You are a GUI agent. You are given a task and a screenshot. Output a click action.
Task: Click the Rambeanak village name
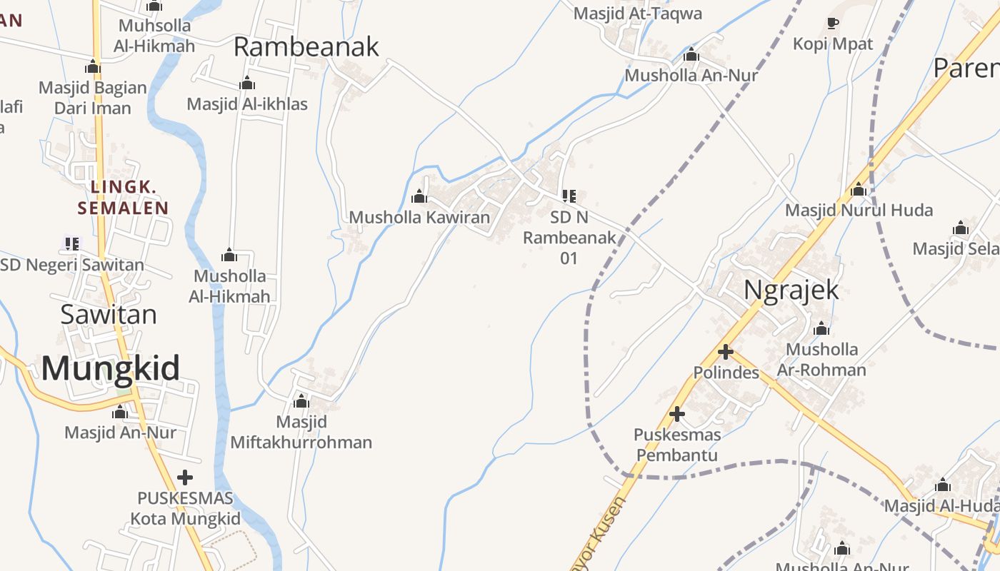coord(306,47)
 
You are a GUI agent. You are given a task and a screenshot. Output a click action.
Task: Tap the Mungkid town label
coord(110,368)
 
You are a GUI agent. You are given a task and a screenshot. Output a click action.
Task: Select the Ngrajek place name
coord(791,291)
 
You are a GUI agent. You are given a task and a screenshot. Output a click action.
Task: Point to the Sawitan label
coord(109,314)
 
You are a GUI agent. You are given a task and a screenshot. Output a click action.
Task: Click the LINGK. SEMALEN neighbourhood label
coord(123,198)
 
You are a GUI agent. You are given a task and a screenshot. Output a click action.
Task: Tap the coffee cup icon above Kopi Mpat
coord(832,24)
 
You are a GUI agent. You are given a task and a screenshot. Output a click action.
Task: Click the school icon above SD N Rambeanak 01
coord(569,196)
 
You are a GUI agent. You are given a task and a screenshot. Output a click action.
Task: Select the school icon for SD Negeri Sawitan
coord(71,243)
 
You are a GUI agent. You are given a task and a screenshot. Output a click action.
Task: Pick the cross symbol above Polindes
coord(726,351)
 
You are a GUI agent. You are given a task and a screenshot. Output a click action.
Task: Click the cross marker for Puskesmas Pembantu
coord(676,413)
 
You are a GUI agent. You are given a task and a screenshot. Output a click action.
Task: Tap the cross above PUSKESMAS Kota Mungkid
coord(185,477)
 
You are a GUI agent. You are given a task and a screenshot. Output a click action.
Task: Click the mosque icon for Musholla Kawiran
coord(419,196)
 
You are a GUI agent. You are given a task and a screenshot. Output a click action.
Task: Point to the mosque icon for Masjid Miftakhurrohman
coord(301,401)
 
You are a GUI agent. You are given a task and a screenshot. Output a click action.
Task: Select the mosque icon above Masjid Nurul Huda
coord(859,190)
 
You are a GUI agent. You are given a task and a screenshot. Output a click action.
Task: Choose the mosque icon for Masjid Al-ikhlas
coord(247,84)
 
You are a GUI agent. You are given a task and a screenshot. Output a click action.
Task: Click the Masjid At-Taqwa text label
coord(638,14)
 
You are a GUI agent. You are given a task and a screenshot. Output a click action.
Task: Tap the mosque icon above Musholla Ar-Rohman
coord(821,329)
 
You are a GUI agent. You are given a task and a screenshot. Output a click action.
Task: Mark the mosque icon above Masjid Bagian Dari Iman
coord(93,67)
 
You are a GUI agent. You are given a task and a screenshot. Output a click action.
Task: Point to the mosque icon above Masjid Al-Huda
coord(943,485)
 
